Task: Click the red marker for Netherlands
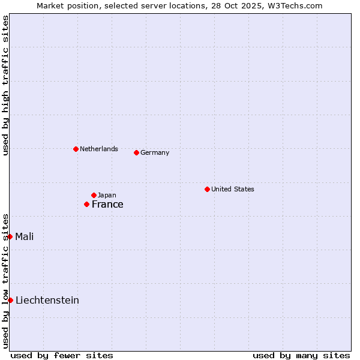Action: click(x=76, y=149)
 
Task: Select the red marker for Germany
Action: click(x=136, y=152)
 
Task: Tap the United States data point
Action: click(x=207, y=189)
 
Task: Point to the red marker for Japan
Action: click(x=94, y=195)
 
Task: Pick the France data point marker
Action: click(x=86, y=205)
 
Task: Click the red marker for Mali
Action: click(x=10, y=236)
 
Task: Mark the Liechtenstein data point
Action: click(x=10, y=300)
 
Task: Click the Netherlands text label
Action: click(x=98, y=149)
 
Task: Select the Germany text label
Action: click(x=155, y=152)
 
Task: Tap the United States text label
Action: click(x=233, y=189)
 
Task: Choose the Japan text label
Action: click(x=107, y=195)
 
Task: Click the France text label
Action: click(x=107, y=205)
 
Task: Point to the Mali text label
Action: click(x=25, y=236)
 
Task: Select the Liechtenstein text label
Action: click(x=47, y=300)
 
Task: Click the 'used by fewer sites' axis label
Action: click(x=62, y=355)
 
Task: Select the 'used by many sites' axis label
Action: click(x=301, y=355)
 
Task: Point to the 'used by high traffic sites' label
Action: click(x=5, y=85)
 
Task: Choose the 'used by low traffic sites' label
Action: click(x=5, y=280)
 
